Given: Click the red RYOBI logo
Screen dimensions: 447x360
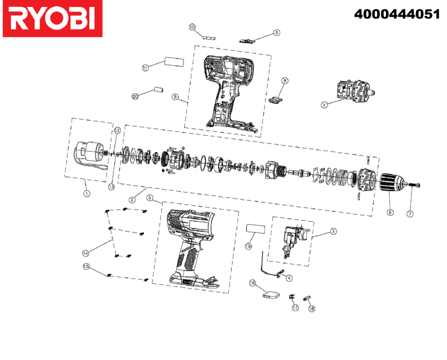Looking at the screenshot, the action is point(52,19).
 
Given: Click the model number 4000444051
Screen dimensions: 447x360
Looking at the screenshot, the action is point(397,14).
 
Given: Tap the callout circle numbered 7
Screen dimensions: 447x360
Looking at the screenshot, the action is point(410,214).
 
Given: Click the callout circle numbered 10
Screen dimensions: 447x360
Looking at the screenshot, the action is point(192,27).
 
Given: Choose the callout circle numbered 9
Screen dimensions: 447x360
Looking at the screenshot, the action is point(276,33).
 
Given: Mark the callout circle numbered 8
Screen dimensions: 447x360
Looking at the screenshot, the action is point(285,81).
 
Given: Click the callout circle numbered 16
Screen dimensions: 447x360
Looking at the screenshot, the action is point(252,283).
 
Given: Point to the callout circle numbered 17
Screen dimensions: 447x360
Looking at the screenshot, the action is point(295,308).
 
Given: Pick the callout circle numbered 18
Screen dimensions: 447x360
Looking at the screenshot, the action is point(312,309).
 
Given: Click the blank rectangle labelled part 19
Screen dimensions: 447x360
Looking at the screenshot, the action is point(256,229).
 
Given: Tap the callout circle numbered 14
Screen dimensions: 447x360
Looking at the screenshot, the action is point(85,253).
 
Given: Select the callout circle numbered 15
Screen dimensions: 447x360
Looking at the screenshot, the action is point(86,266).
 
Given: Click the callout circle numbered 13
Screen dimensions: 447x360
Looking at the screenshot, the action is point(111,187).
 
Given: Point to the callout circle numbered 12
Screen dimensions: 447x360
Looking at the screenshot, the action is point(117,131).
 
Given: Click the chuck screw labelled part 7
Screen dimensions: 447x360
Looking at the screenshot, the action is point(414,185).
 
